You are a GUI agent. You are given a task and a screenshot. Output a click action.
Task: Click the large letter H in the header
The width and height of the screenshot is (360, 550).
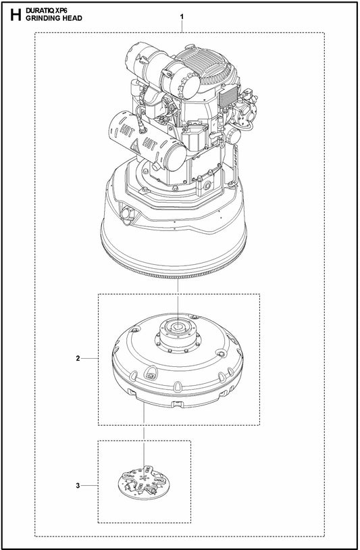coord(11,14)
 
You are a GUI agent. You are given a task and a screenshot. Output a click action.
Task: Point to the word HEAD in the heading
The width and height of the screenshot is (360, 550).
coord(71,18)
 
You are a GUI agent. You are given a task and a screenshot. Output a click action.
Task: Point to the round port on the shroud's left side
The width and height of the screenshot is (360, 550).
coord(125,214)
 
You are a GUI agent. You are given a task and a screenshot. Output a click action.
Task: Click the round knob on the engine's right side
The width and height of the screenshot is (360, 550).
coord(234,135)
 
